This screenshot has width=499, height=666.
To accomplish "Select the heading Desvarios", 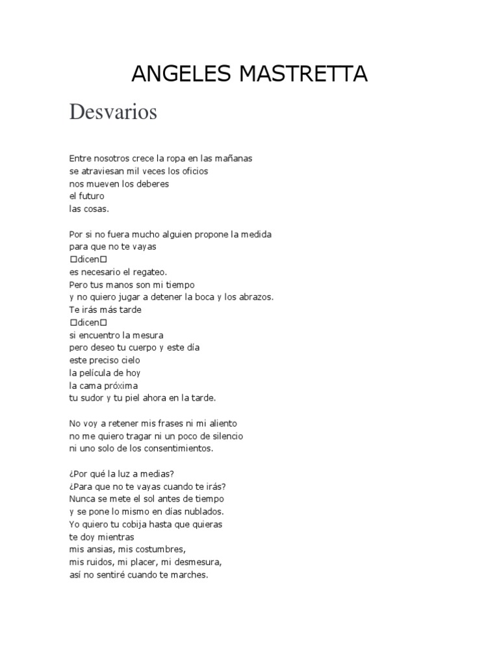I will coord(113,113).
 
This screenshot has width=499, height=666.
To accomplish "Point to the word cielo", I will coord(128,360).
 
